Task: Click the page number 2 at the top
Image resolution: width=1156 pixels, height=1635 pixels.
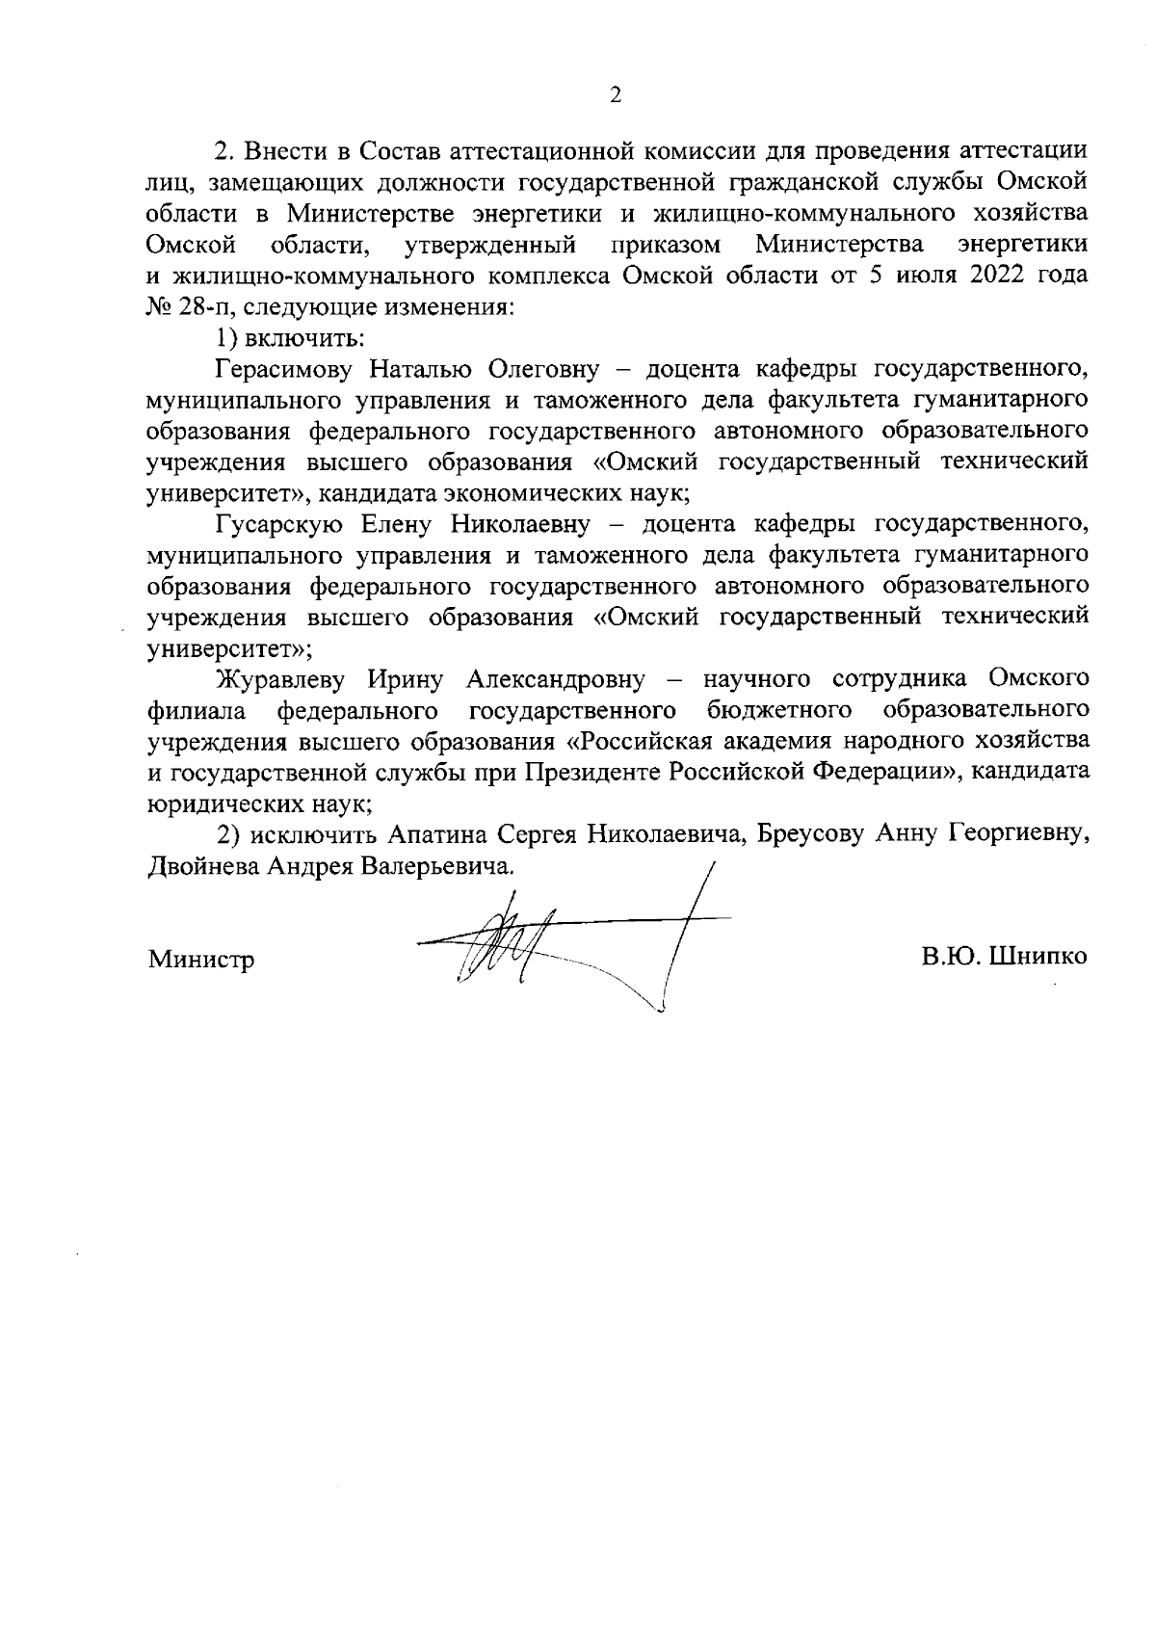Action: pyautogui.click(x=616, y=94)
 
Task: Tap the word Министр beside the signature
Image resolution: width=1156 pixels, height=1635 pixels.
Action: pyautogui.click(x=201, y=959)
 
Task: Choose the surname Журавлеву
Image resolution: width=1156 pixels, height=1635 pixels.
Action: pyautogui.click(x=280, y=679)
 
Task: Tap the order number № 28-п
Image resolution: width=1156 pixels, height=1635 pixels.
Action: pyautogui.click(x=185, y=307)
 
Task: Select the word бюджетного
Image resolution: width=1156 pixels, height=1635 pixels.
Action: pyautogui.click(x=780, y=710)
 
